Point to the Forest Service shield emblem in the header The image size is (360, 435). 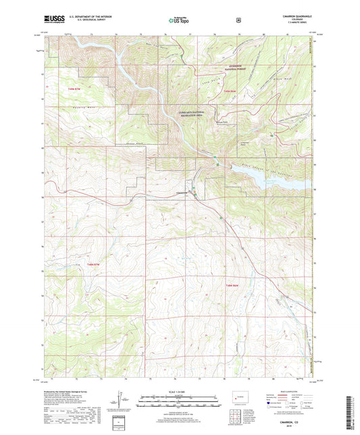pos(238,20)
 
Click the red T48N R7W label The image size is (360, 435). pos(94,265)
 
